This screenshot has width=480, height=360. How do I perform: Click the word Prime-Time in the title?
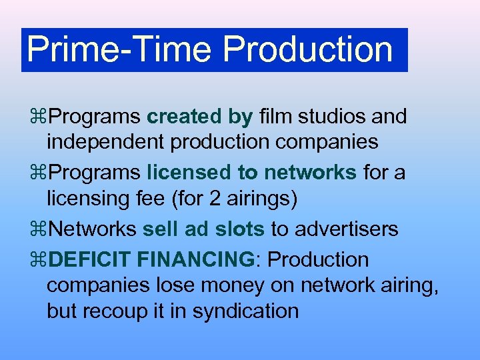coord(119,49)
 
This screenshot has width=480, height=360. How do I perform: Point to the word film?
coord(273,117)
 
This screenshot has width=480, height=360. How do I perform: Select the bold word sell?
coord(159,229)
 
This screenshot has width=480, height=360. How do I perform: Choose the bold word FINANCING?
coord(193,259)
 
